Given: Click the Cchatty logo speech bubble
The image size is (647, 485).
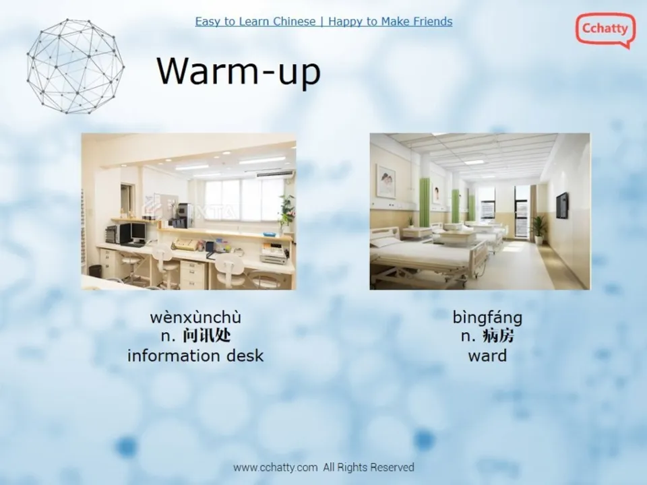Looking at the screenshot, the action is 605,29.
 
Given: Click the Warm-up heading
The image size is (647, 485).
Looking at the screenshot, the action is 239,71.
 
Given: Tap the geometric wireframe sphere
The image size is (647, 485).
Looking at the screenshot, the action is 75,66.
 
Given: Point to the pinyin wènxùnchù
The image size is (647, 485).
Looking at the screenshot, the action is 195,317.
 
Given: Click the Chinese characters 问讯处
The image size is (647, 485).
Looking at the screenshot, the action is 206,336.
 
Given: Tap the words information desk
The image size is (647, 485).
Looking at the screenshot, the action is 195,356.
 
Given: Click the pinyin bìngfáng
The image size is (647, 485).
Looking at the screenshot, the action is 487,318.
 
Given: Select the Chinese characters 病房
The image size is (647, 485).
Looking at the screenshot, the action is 498,336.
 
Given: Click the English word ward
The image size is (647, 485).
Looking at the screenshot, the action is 487,356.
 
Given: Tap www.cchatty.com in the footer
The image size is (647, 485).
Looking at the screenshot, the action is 275,467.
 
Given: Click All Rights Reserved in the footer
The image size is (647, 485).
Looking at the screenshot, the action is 369,467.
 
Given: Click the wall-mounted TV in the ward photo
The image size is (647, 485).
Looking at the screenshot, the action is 562,205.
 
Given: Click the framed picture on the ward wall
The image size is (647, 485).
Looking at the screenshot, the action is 386,181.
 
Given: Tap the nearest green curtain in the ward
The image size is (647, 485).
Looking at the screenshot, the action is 424,202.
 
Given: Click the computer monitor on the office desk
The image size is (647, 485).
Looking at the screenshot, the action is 137,232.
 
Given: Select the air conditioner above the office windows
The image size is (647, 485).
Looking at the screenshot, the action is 275,174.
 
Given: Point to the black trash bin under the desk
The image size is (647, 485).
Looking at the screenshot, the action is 95,271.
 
